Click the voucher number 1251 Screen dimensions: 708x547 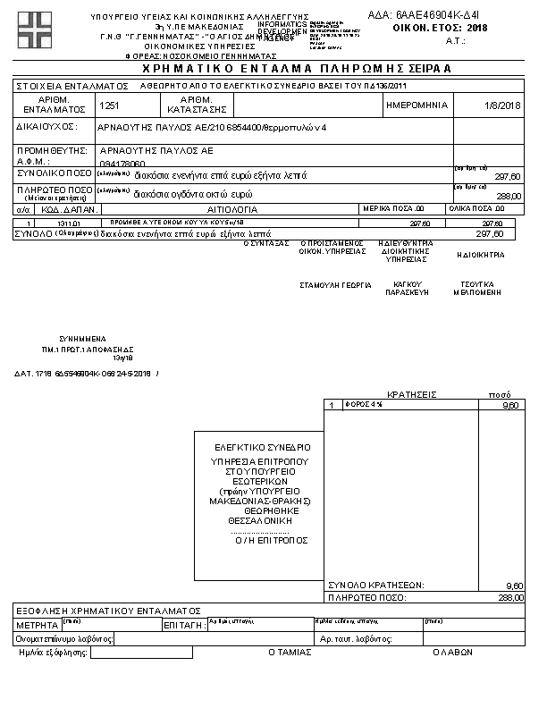coord(110,105)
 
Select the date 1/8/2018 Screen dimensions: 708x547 coord(502,105)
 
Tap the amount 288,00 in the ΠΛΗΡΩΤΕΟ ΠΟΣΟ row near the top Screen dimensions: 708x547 coord(508,195)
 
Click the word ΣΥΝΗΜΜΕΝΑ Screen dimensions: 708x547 coord(83,340)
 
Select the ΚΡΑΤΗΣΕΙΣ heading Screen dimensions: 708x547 coord(411,393)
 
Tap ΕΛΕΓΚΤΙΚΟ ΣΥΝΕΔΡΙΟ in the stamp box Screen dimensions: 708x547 coord(262,446)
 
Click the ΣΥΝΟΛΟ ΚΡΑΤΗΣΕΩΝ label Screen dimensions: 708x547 coord(375,585)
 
